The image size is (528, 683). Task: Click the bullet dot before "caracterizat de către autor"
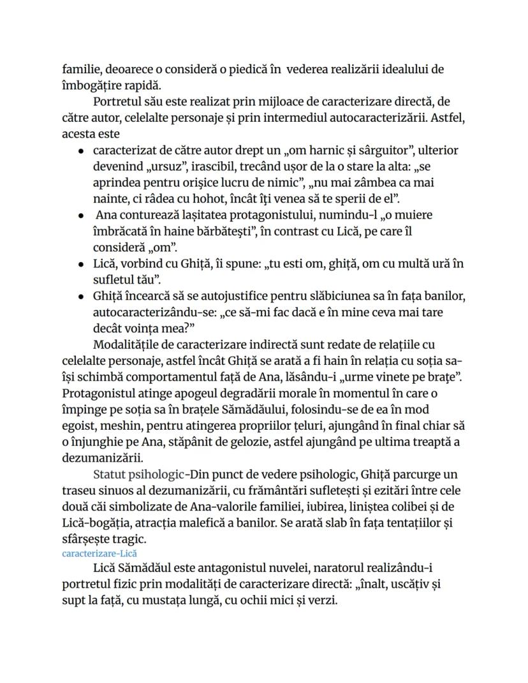(81, 152)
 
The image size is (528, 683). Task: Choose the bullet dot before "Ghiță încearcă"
(81, 297)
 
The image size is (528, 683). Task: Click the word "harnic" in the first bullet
(329, 151)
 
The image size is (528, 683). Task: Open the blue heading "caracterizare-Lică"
(99, 553)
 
